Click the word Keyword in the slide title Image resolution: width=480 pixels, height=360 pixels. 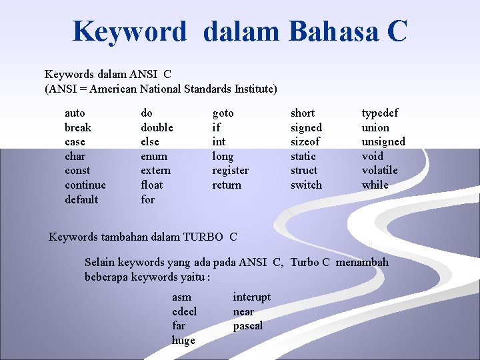[129, 31]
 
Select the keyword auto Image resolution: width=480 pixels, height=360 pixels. [75, 113]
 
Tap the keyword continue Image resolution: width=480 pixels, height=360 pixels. [85, 185]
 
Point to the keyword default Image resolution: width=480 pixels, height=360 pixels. [81, 199]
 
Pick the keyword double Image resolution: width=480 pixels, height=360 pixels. [157, 127]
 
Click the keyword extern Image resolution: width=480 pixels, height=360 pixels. [155, 170]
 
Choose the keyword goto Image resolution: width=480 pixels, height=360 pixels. [223, 113]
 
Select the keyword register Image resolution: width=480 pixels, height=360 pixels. [230, 170]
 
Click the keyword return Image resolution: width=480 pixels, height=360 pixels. [227, 185]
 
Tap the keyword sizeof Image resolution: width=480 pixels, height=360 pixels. [305, 141]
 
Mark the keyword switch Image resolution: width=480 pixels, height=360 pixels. [306, 185]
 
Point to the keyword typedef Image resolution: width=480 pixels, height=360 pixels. [379, 113]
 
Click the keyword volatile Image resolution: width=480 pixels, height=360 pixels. [379, 170]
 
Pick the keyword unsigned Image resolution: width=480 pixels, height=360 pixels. [383, 141]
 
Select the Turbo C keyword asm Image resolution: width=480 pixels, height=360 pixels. [181, 297]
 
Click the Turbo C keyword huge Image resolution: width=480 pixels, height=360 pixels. [183, 340]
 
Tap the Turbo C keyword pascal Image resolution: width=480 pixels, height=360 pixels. [247, 326]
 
